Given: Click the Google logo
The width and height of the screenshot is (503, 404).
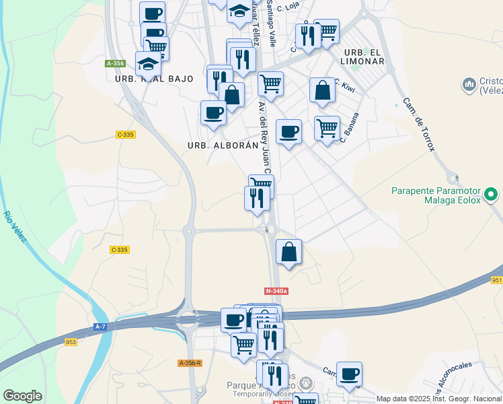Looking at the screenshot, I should (x=23, y=396).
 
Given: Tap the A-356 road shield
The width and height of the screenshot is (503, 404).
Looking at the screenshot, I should (x=116, y=63).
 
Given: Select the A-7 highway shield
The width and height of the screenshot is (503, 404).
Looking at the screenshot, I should (x=100, y=327).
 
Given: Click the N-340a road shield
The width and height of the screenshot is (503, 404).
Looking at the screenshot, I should (x=276, y=291).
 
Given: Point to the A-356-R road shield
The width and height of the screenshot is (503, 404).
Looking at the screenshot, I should (x=190, y=363).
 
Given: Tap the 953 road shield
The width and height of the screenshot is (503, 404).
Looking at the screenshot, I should (x=71, y=342).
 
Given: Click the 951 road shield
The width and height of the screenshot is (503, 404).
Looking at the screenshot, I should (x=496, y=280).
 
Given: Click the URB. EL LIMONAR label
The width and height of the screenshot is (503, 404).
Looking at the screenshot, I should (x=364, y=57).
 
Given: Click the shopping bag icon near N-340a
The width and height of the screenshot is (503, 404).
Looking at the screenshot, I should (x=288, y=252).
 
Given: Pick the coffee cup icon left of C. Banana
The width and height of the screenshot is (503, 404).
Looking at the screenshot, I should (x=289, y=131).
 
